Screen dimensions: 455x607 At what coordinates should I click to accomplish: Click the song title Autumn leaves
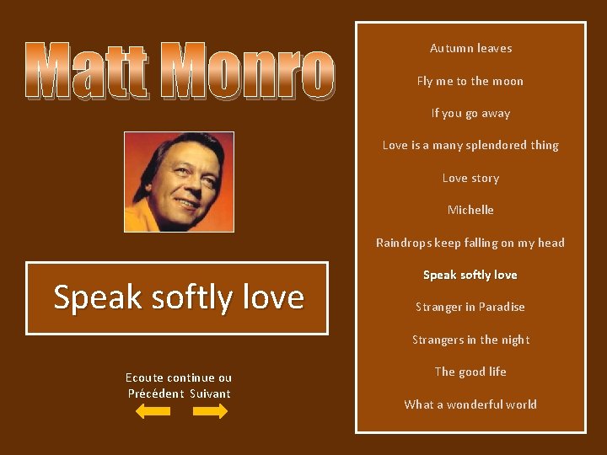[x=470, y=49]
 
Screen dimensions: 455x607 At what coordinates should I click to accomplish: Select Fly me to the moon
[x=470, y=81]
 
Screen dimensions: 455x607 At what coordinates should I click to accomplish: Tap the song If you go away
[x=470, y=113]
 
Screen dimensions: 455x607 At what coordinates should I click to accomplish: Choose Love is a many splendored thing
[x=470, y=146]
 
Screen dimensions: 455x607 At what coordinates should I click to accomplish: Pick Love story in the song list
[x=470, y=178]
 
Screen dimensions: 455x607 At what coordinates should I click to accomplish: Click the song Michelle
[x=470, y=210]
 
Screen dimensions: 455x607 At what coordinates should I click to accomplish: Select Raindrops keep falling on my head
[x=470, y=243]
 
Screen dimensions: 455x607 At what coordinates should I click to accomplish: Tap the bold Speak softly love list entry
[x=470, y=275]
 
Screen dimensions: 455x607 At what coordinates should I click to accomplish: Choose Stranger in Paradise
[x=470, y=307]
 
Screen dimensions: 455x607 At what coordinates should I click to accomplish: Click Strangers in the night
[x=470, y=340]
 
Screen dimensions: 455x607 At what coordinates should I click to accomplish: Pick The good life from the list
[x=470, y=372]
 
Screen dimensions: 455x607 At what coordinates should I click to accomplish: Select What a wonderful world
[x=470, y=404]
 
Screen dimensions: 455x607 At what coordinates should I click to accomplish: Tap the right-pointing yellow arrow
[x=210, y=411]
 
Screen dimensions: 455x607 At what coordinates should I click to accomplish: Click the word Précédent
[x=156, y=393]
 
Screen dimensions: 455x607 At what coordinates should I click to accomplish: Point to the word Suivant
[x=210, y=393]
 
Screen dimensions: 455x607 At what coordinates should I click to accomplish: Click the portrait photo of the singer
[x=179, y=181]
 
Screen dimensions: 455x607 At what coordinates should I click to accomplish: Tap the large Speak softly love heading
[x=178, y=297]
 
